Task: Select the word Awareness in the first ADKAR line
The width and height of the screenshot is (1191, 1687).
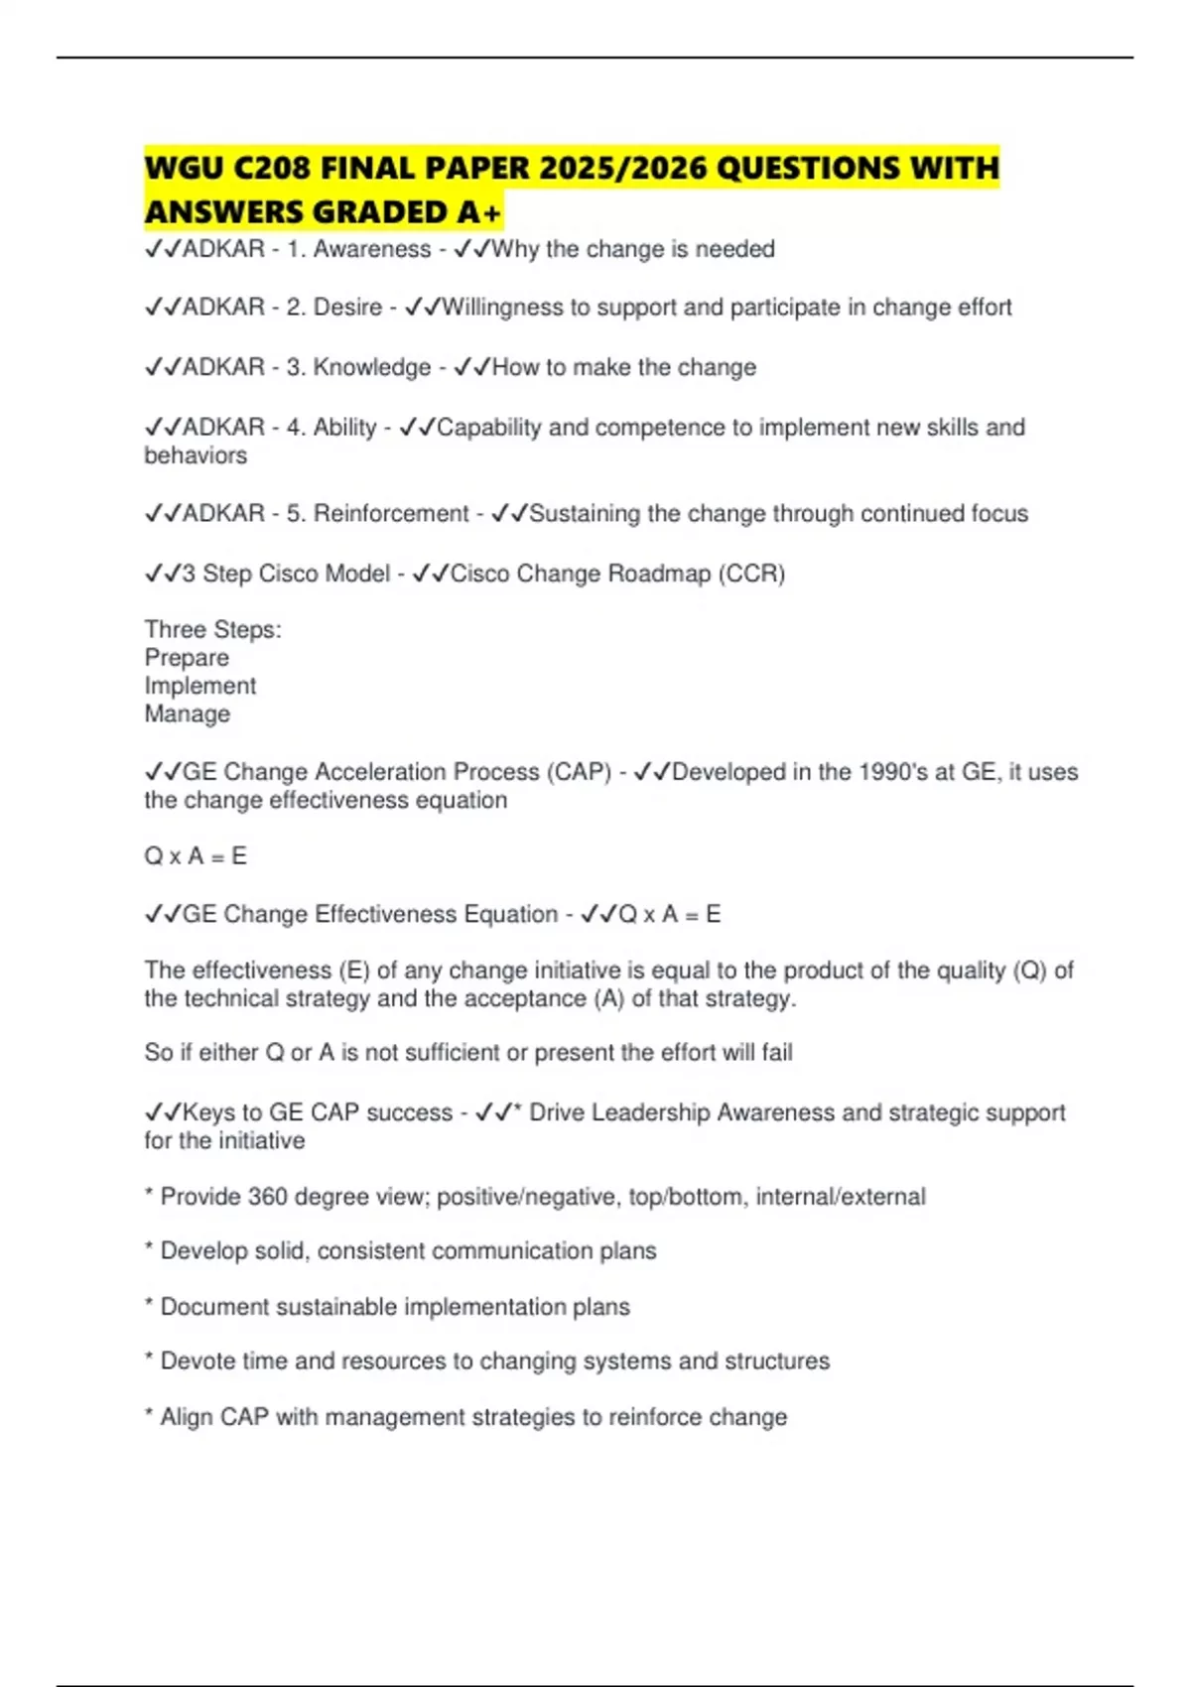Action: [x=372, y=249]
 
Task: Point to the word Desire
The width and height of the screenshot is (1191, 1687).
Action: [x=347, y=308]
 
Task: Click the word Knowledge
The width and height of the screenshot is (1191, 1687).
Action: [x=372, y=367]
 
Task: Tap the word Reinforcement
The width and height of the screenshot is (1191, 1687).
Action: [x=391, y=514]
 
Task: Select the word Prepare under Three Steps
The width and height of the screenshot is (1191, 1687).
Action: [x=187, y=658]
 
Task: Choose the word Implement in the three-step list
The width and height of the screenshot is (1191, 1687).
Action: [x=200, y=686]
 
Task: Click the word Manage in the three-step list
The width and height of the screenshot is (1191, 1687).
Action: [x=188, y=714]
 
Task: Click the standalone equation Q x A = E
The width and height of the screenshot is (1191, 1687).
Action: [x=196, y=856]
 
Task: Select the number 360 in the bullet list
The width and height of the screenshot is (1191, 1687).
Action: [x=267, y=1197]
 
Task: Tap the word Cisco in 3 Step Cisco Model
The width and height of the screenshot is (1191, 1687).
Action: [x=289, y=574]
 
